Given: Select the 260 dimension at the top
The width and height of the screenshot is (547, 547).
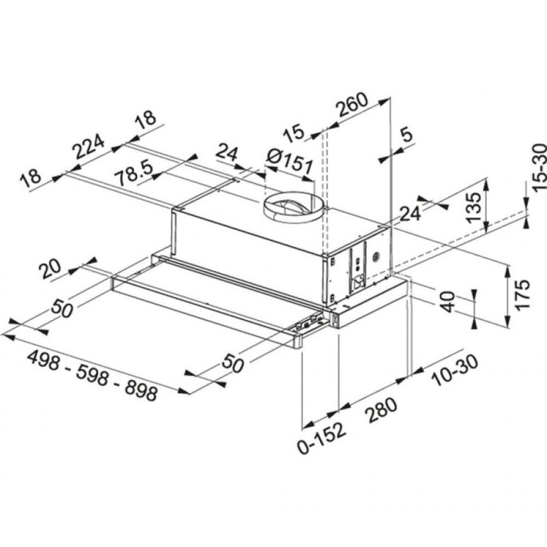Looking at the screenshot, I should [352, 108].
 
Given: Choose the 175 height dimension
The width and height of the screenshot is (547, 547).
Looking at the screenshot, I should [523, 295].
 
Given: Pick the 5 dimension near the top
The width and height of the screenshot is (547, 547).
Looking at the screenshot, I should [406, 135].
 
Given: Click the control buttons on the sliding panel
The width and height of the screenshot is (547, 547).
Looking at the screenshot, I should [307, 323].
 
